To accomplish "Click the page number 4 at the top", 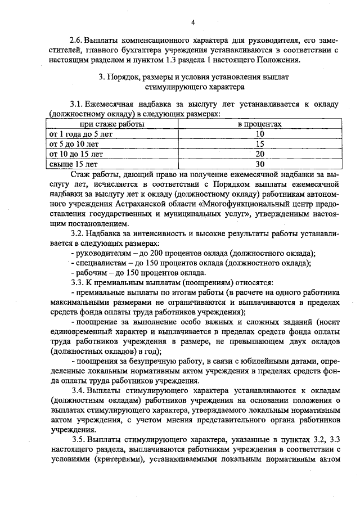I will (192, 22).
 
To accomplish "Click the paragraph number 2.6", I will (75, 40).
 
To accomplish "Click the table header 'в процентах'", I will (259, 123).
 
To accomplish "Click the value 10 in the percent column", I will (259, 133).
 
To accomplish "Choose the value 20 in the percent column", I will (259, 154).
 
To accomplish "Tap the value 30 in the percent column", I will (259, 164).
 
